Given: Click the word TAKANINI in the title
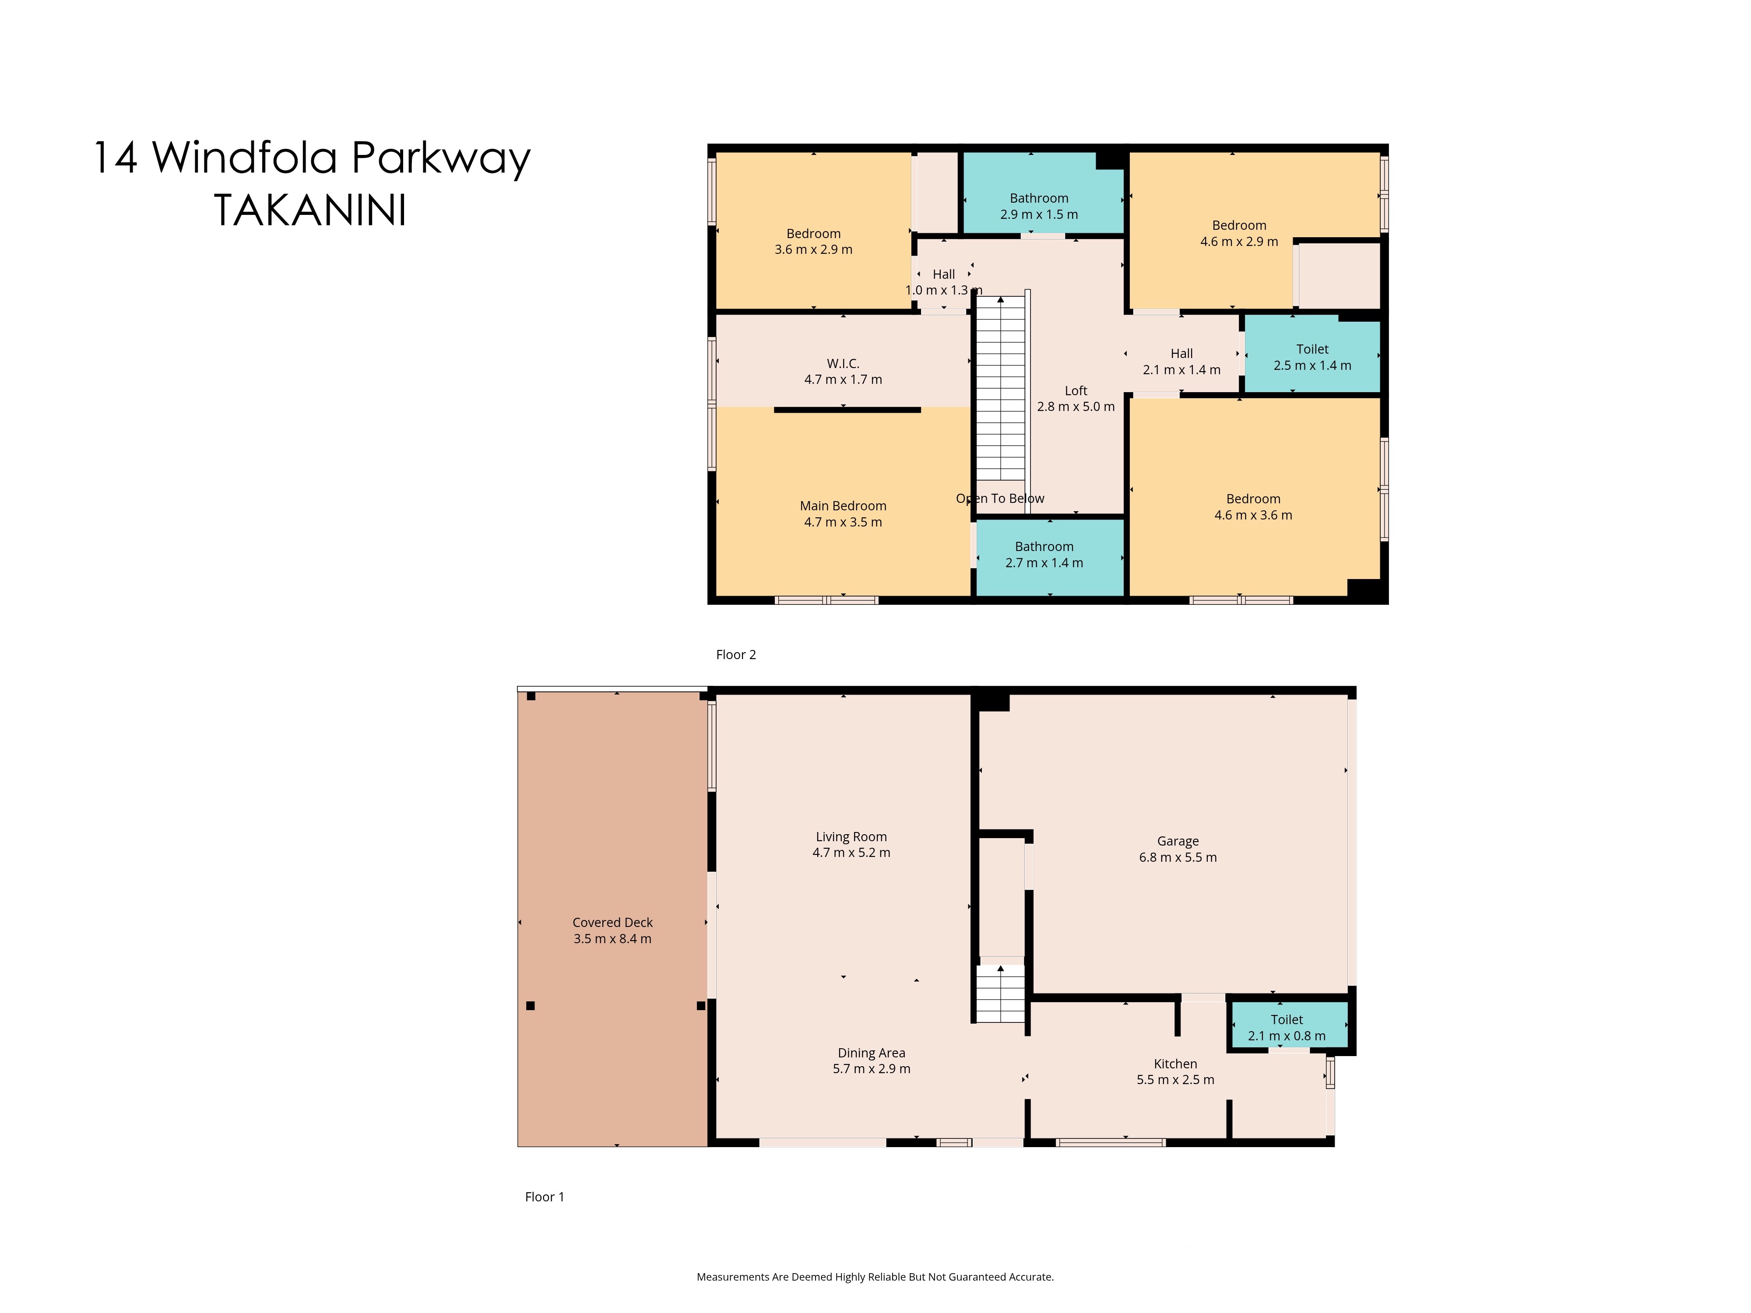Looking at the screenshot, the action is [x=310, y=211].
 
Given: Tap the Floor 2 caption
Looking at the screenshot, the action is [x=736, y=654].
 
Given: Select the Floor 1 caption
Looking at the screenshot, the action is [x=545, y=1197].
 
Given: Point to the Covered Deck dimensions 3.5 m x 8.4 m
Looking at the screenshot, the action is [x=613, y=939].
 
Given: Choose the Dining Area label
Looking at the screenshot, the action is [x=872, y=1053].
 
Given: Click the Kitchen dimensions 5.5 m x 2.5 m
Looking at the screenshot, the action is [x=1175, y=1080].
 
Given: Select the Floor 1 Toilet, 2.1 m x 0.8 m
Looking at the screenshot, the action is [x=1287, y=1027].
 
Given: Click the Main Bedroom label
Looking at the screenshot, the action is [x=843, y=506].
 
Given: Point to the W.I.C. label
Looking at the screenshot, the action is [x=843, y=363].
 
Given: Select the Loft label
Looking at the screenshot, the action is [x=1076, y=390].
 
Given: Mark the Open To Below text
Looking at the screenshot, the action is [x=1001, y=499].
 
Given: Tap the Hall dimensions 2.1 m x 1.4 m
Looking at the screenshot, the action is [x=1182, y=369].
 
